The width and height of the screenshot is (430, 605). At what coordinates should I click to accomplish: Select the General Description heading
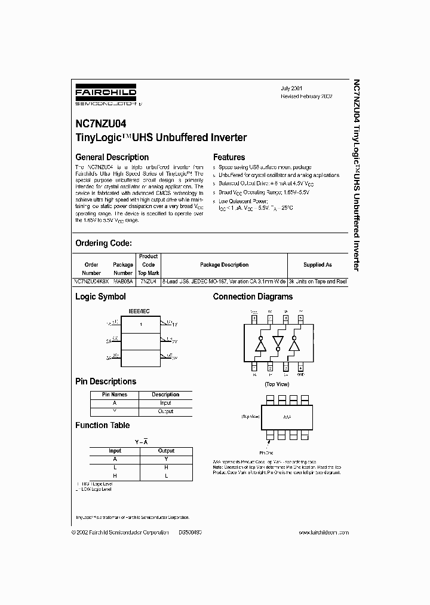click(x=112, y=157)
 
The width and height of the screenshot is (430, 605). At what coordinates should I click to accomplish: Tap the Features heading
click(x=229, y=157)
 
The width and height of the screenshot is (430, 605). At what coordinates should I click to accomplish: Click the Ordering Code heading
click(x=103, y=243)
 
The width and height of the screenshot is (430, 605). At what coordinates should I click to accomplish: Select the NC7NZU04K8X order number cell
click(x=91, y=280)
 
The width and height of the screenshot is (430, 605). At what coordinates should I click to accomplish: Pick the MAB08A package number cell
click(x=123, y=280)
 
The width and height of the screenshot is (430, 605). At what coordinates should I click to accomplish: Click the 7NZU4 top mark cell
click(x=148, y=280)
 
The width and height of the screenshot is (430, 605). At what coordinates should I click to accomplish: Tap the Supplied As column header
click(x=317, y=264)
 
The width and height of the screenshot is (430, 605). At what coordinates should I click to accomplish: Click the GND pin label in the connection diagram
click(x=300, y=375)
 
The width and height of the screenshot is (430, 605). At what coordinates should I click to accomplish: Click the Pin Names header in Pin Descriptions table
click(x=115, y=395)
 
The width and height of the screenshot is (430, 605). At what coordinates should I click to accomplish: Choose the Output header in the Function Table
click(x=166, y=451)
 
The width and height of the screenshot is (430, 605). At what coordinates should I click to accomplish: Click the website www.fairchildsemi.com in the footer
click(x=323, y=532)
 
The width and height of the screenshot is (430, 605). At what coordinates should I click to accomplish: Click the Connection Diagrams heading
click(x=253, y=297)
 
